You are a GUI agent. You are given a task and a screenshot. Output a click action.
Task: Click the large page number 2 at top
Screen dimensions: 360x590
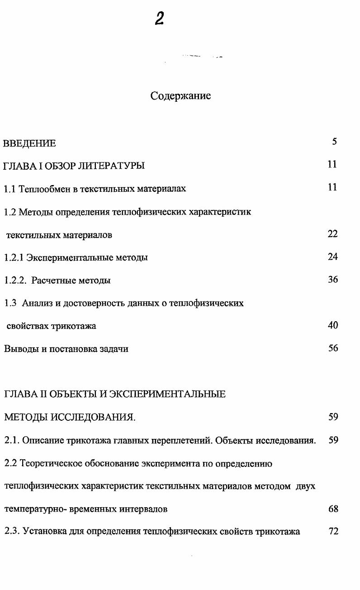tap(159, 19)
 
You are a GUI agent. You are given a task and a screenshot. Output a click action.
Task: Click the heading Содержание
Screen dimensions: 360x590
tap(180, 96)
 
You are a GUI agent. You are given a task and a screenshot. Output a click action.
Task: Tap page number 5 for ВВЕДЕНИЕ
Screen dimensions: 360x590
tap(334, 142)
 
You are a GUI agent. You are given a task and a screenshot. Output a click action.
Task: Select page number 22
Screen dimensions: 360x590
tap(333, 234)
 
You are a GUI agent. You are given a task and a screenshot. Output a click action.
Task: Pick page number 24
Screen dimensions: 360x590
tap(333, 257)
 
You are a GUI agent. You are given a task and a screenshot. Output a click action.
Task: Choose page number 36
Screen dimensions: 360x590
tap(333, 280)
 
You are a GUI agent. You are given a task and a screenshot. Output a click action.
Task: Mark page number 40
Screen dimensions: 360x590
tap(333, 325)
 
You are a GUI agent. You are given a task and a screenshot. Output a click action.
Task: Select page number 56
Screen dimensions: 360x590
tap(333, 348)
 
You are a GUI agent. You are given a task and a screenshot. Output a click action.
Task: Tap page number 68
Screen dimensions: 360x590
tap(333, 509)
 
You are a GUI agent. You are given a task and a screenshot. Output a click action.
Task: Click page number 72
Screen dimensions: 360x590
tap(333, 531)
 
